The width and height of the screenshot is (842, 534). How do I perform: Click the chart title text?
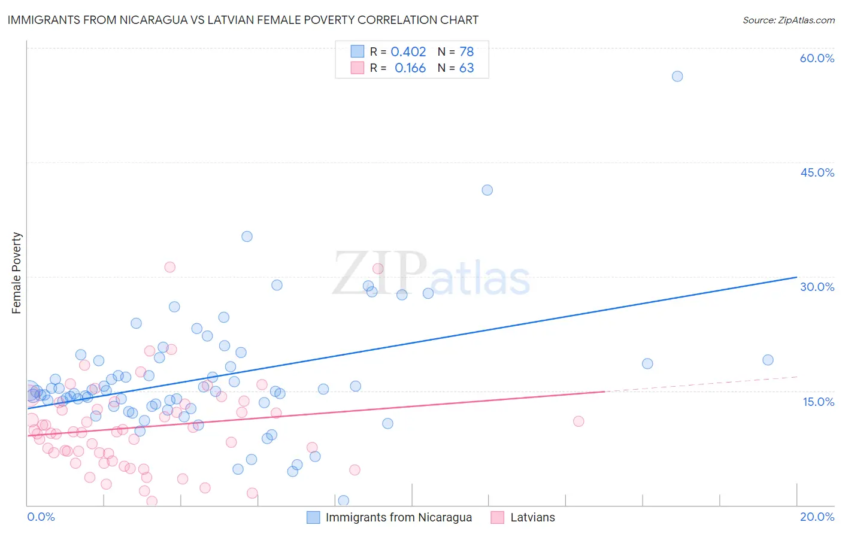(243, 20)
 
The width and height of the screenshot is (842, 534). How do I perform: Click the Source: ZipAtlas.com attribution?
(788, 20)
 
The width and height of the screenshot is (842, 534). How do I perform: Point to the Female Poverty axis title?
(17, 273)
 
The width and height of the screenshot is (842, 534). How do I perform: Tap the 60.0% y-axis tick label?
(817, 58)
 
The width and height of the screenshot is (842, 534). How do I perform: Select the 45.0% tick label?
(817, 172)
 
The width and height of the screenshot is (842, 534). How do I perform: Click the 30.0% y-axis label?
(817, 287)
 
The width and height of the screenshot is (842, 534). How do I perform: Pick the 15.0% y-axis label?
(818, 402)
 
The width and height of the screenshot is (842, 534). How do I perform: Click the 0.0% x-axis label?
(41, 517)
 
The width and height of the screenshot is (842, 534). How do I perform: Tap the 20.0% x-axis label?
(817, 517)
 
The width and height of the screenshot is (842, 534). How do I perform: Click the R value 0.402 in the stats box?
(408, 52)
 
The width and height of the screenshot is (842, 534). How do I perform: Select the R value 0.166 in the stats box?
(410, 68)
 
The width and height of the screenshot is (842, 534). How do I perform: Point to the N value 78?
(467, 52)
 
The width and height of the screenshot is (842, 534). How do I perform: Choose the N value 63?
(467, 68)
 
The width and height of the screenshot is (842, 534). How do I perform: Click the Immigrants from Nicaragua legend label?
(398, 517)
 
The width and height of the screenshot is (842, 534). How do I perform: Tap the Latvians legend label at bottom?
(532, 517)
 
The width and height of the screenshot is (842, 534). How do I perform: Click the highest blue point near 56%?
(677, 76)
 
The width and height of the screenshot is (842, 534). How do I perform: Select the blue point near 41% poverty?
(487, 190)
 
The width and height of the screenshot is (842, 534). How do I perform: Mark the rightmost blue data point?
(768, 360)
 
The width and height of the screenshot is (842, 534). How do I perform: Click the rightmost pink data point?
(579, 421)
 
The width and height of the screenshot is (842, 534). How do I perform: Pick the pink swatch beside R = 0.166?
(358, 68)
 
